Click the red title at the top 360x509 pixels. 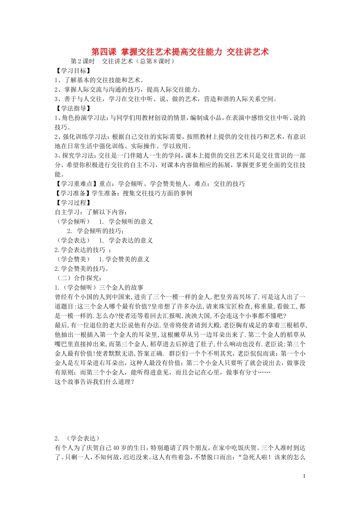180,52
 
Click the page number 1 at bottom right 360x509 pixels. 304,476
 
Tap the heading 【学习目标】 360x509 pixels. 73,71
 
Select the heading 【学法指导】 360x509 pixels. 73,109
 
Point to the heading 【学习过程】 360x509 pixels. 73,203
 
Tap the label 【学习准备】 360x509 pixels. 73,193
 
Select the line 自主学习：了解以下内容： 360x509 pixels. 91,212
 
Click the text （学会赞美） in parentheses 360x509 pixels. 74,259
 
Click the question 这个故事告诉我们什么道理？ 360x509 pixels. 94,382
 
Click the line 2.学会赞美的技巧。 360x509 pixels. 82,269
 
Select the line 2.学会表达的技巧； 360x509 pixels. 83,250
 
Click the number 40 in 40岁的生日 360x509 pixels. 116,448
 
